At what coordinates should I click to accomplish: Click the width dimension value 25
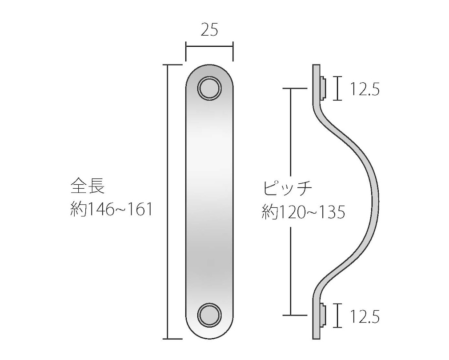[209, 30]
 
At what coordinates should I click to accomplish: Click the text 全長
[88, 186]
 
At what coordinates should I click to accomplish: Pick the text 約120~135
[304, 212]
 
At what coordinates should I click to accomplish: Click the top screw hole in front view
[209, 89]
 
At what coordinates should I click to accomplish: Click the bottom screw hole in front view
[209, 315]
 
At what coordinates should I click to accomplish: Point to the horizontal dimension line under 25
[209, 45]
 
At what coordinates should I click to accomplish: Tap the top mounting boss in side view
[324, 88]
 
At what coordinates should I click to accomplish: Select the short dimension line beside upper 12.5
[339, 88]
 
